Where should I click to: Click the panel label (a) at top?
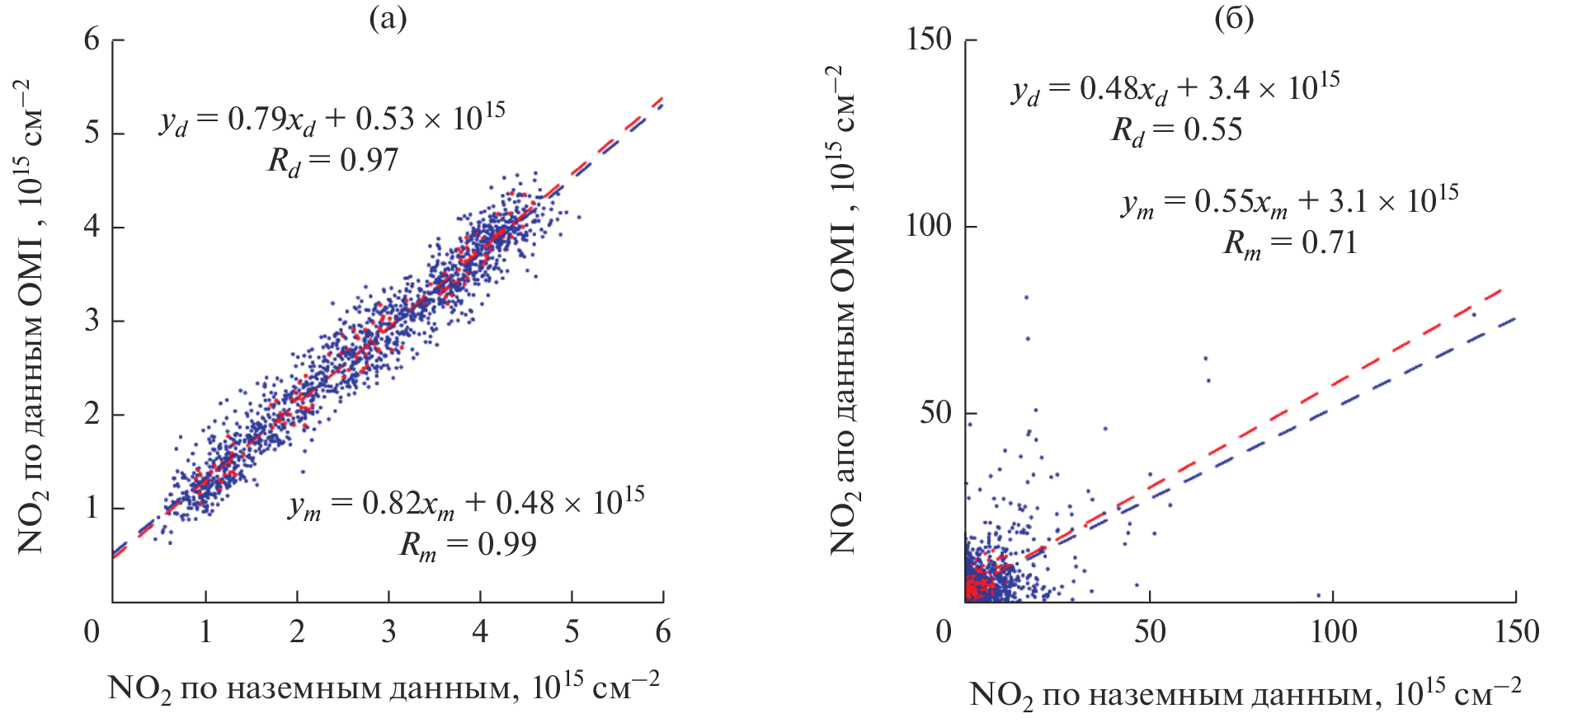[388, 18]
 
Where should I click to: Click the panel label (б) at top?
[1234, 18]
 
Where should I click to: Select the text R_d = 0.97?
[333, 161]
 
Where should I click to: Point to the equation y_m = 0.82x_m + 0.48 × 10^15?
[466, 504]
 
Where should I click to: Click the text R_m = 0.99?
[468, 545]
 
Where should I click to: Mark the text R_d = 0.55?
[1176, 130]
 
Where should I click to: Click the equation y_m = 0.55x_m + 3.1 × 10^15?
[1289, 202]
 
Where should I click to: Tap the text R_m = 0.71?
[1289, 243]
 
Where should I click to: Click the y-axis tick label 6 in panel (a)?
[92, 39]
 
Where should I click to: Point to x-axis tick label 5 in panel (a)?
[572, 632]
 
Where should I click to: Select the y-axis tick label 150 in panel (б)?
[929, 39]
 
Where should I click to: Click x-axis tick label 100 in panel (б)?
[1333, 632]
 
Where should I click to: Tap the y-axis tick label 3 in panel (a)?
[92, 320]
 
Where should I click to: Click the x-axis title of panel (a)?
[384, 688]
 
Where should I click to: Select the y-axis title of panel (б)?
[843, 309]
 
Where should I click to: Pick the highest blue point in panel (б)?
[1026, 297]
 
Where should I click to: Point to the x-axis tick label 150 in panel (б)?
[1516, 632]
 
